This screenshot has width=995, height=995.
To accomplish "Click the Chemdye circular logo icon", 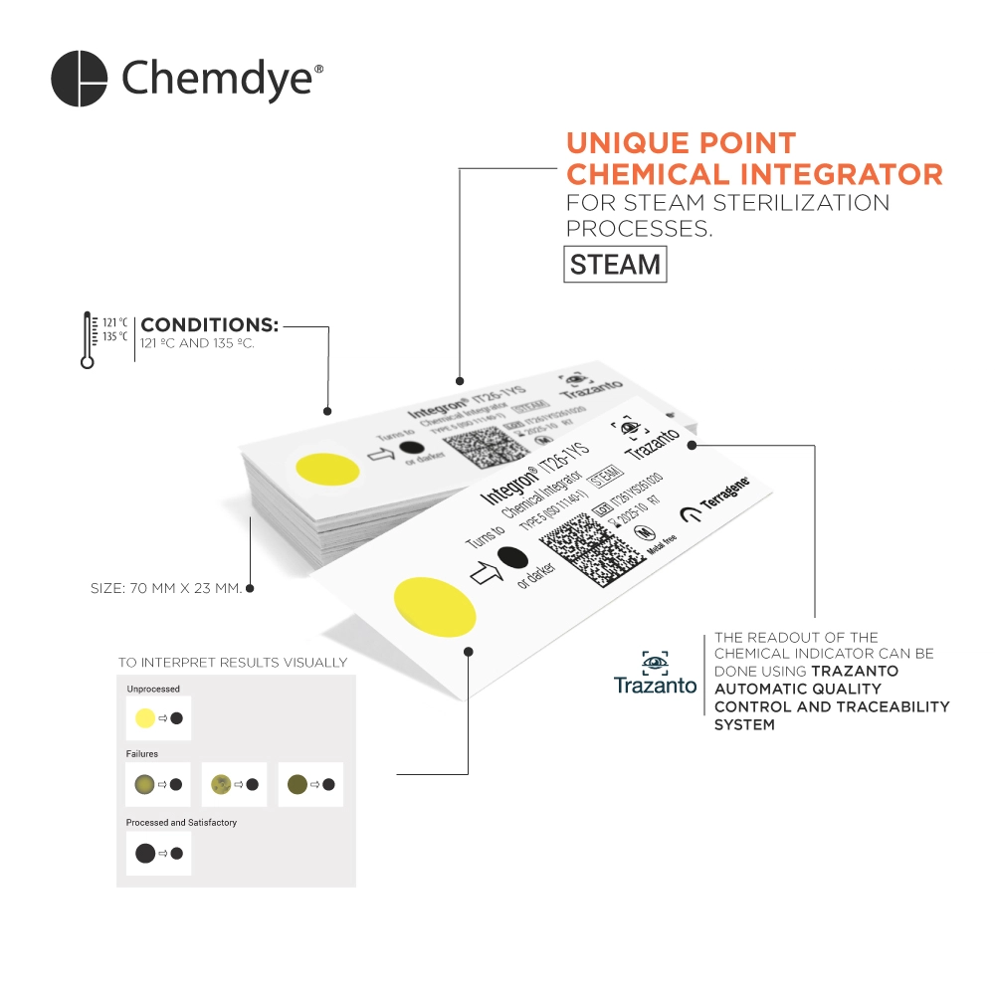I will [x=79, y=78].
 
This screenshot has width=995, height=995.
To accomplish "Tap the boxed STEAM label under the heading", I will [x=615, y=265].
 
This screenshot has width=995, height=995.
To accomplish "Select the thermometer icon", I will [x=89, y=340].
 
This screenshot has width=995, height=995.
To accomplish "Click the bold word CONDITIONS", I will [x=209, y=324].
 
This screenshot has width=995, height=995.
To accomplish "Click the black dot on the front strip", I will [x=512, y=556].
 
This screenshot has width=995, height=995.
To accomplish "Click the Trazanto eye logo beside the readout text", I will [x=655, y=662].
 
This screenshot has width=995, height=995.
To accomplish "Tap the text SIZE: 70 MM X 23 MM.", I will [x=166, y=588].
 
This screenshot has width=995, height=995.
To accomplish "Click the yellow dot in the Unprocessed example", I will [x=145, y=717].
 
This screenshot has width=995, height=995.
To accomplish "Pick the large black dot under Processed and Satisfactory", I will [x=145, y=853].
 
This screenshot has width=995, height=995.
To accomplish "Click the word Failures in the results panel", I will [x=141, y=754].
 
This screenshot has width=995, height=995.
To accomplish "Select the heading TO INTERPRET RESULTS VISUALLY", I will [x=233, y=662].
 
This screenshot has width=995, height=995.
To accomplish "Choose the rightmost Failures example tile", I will [x=310, y=784].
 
